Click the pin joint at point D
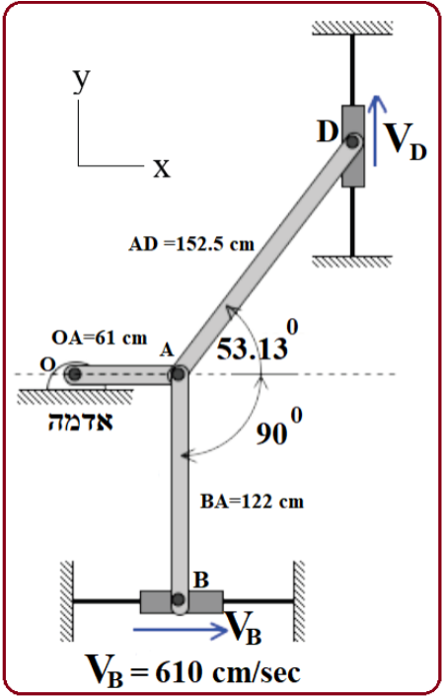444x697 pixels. [x=353, y=141]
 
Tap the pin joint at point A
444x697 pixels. [x=179, y=374]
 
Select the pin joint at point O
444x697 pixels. [x=74, y=374]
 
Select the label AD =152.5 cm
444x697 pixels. [x=191, y=244]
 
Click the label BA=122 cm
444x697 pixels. [x=252, y=503]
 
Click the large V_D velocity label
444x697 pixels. [x=406, y=140]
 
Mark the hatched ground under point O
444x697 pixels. [x=75, y=396]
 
